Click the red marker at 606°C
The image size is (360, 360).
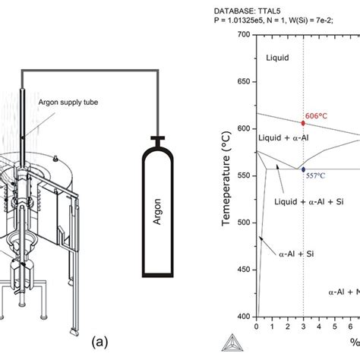click(x=303, y=122)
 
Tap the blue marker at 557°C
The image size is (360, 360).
click(x=303, y=169)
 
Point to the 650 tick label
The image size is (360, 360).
click(x=245, y=82)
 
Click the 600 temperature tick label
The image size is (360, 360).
click(x=245, y=129)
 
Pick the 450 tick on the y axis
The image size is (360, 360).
click(x=245, y=270)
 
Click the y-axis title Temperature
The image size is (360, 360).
click(x=226, y=178)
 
